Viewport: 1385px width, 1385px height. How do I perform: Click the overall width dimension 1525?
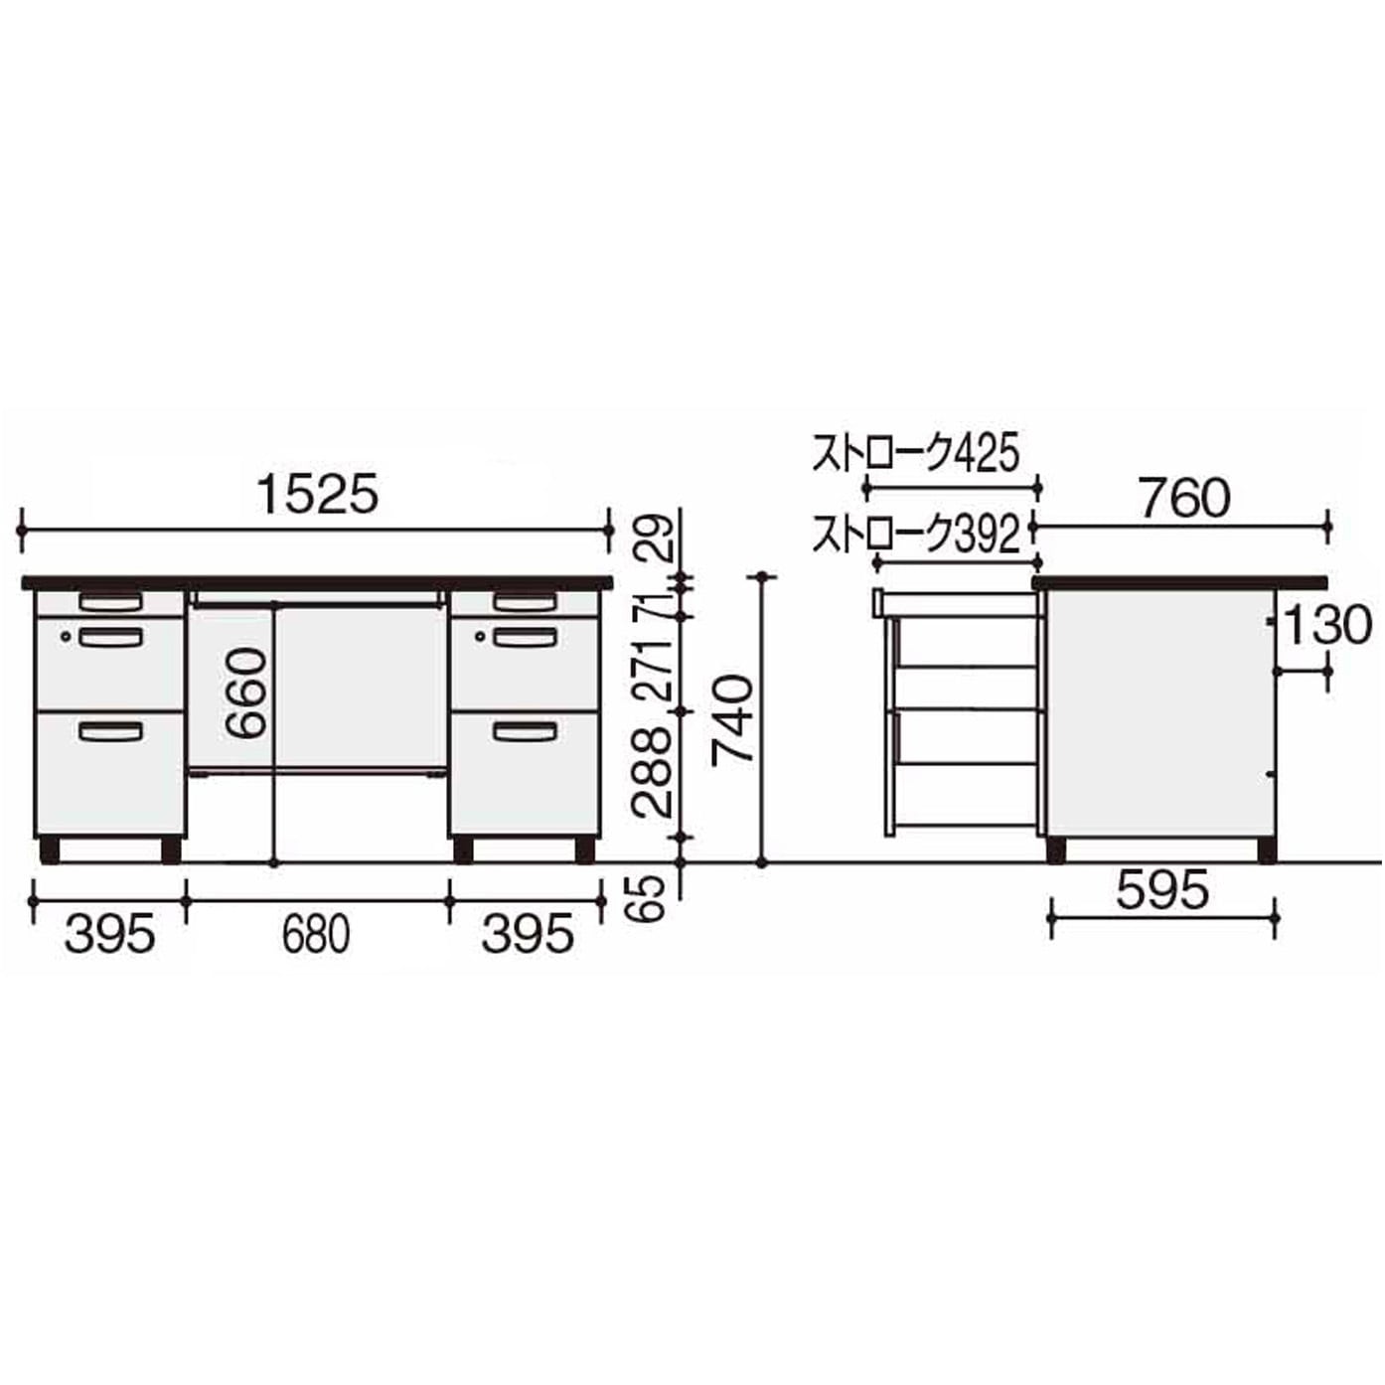coord(317,495)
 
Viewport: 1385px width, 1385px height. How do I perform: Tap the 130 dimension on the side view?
coord(1326,624)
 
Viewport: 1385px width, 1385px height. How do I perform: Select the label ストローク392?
coord(916,535)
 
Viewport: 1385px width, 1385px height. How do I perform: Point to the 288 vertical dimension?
coord(653,772)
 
